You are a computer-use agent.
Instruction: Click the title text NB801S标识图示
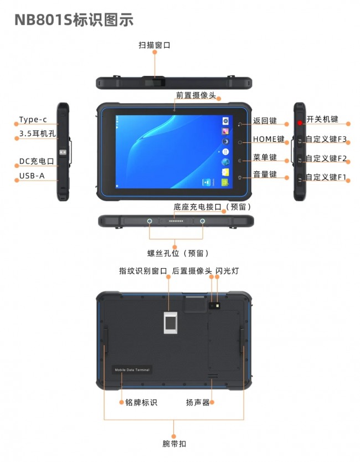click(x=74, y=20)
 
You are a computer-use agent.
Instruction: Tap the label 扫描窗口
click(x=155, y=45)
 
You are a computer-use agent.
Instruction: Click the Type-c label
click(x=33, y=120)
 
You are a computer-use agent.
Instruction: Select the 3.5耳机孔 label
click(x=38, y=134)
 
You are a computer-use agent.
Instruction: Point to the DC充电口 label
click(x=37, y=161)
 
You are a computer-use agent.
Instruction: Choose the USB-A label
click(x=32, y=176)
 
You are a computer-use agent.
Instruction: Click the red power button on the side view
click(x=300, y=122)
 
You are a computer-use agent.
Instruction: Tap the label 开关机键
click(x=322, y=119)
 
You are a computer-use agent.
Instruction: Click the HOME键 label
click(x=269, y=139)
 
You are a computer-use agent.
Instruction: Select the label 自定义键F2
click(x=326, y=158)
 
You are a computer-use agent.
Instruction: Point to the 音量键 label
click(x=265, y=174)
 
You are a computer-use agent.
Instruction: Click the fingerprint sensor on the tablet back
click(x=171, y=322)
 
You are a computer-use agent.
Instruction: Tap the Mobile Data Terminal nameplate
click(x=132, y=370)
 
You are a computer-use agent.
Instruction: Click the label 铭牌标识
click(x=141, y=402)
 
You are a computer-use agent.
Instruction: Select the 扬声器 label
click(x=198, y=402)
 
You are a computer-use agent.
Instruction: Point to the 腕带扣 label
click(x=174, y=443)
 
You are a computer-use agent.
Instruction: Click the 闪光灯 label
click(x=227, y=270)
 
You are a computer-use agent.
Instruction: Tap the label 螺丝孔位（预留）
click(x=178, y=253)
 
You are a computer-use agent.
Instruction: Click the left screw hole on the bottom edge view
click(x=150, y=221)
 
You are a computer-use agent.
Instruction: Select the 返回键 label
click(x=265, y=121)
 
